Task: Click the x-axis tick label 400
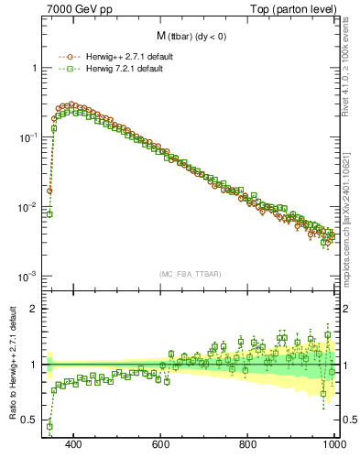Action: coord(74,444)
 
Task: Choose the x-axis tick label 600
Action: coord(161,444)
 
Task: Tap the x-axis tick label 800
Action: coord(248,444)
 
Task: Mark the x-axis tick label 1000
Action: coord(333,444)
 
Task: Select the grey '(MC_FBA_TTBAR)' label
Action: coord(191,274)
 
